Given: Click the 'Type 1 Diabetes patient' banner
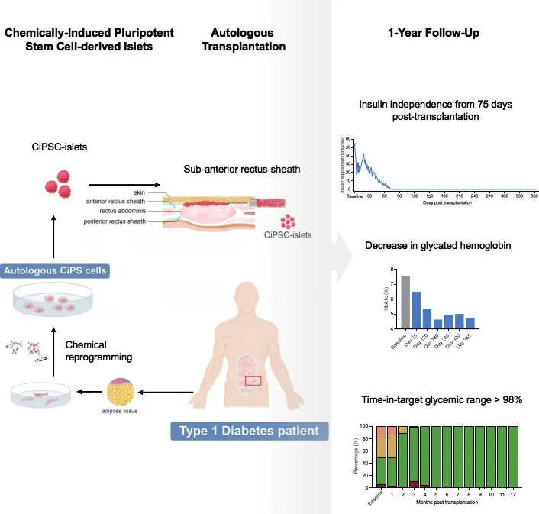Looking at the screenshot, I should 249,431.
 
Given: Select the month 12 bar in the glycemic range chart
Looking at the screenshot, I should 513,456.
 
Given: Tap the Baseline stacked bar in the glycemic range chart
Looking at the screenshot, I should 381,456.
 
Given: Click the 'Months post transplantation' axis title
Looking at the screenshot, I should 447,503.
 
